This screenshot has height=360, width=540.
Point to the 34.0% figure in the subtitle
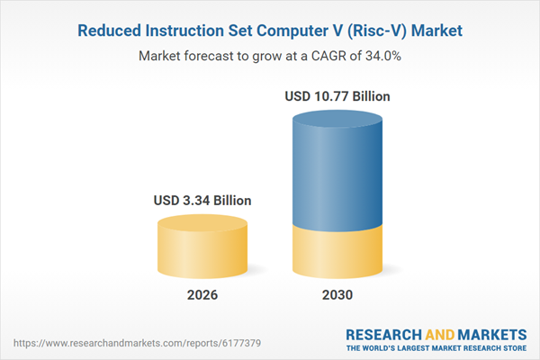[x=381, y=56]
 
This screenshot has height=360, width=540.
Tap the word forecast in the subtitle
[x=215, y=56]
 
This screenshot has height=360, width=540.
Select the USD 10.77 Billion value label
[x=338, y=95]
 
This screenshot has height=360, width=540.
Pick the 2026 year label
[x=201, y=295]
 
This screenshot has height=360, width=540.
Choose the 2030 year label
[x=338, y=295]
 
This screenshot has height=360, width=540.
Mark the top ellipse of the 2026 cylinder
[x=201, y=223]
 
